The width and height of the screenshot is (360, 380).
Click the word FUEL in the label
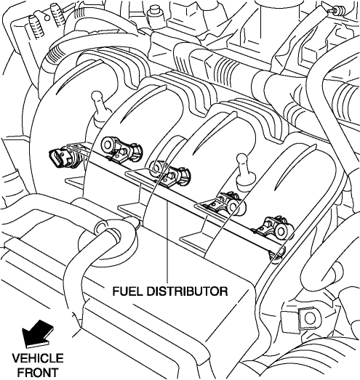(x=128, y=291)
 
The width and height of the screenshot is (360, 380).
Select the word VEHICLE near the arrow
(x=38, y=358)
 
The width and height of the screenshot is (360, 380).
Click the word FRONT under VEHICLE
(x=38, y=372)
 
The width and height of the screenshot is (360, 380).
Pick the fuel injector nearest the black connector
(x=121, y=149)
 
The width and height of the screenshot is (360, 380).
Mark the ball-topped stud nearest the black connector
(x=98, y=107)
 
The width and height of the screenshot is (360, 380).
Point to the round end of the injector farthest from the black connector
(x=281, y=232)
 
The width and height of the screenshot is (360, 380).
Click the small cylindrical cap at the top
(x=154, y=12)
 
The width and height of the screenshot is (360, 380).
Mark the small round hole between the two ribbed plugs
(x=47, y=17)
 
